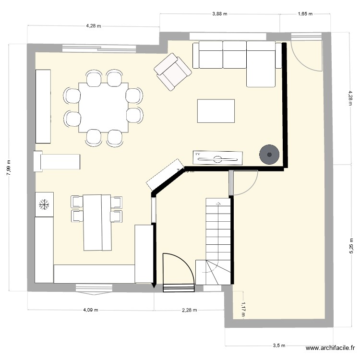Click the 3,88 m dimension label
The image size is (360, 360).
tap(219, 14)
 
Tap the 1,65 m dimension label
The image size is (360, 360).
tap(305, 14)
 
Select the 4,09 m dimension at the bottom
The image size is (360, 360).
tap(90, 310)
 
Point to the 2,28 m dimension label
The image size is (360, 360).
tap(189, 310)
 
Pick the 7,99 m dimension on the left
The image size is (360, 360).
tap(9, 168)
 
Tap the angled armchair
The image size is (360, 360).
tap(173, 71)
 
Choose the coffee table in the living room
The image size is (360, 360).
tap(216, 111)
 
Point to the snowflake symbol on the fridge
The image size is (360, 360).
tap(44, 204)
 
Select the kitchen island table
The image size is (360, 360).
tap(97, 222)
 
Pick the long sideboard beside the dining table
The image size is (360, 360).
tap(43, 106)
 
